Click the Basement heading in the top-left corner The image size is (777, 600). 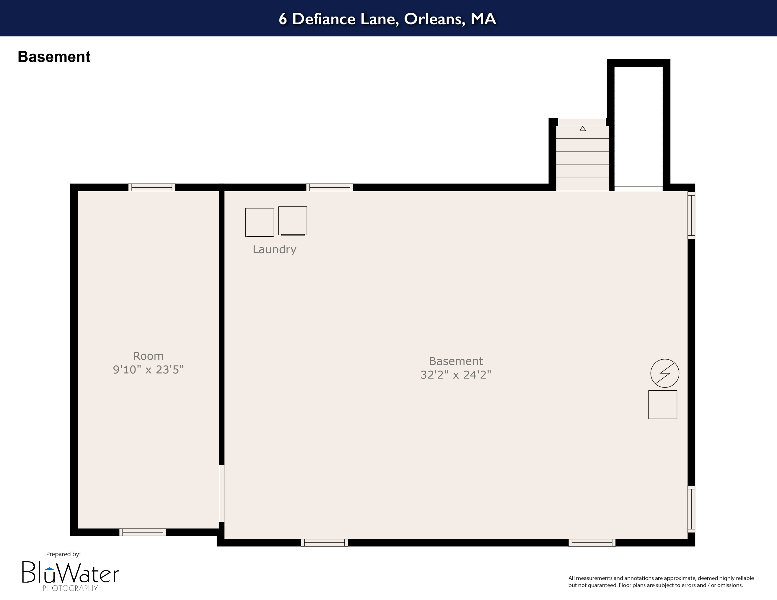click(54, 57)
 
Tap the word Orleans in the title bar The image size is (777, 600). click(434, 19)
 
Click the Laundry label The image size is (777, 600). click(274, 250)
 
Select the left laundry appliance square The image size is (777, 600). click(260, 222)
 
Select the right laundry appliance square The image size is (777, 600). click(292, 221)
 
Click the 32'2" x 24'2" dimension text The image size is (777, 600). click(456, 375)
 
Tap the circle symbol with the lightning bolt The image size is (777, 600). click(665, 373)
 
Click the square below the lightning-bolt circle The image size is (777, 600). click(663, 405)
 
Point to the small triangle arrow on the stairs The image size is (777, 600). click(582, 129)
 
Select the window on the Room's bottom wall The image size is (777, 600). click(143, 532)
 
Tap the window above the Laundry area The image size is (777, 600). click(329, 187)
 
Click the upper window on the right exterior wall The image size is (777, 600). click(691, 215)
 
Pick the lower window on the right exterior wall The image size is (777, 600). click(691, 509)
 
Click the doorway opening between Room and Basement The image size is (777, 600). click(222, 493)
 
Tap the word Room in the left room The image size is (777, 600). click(148, 356)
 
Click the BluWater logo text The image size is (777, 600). click(70, 573)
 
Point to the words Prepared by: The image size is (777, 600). click(63, 554)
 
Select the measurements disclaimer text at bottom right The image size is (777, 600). click(661, 582)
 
